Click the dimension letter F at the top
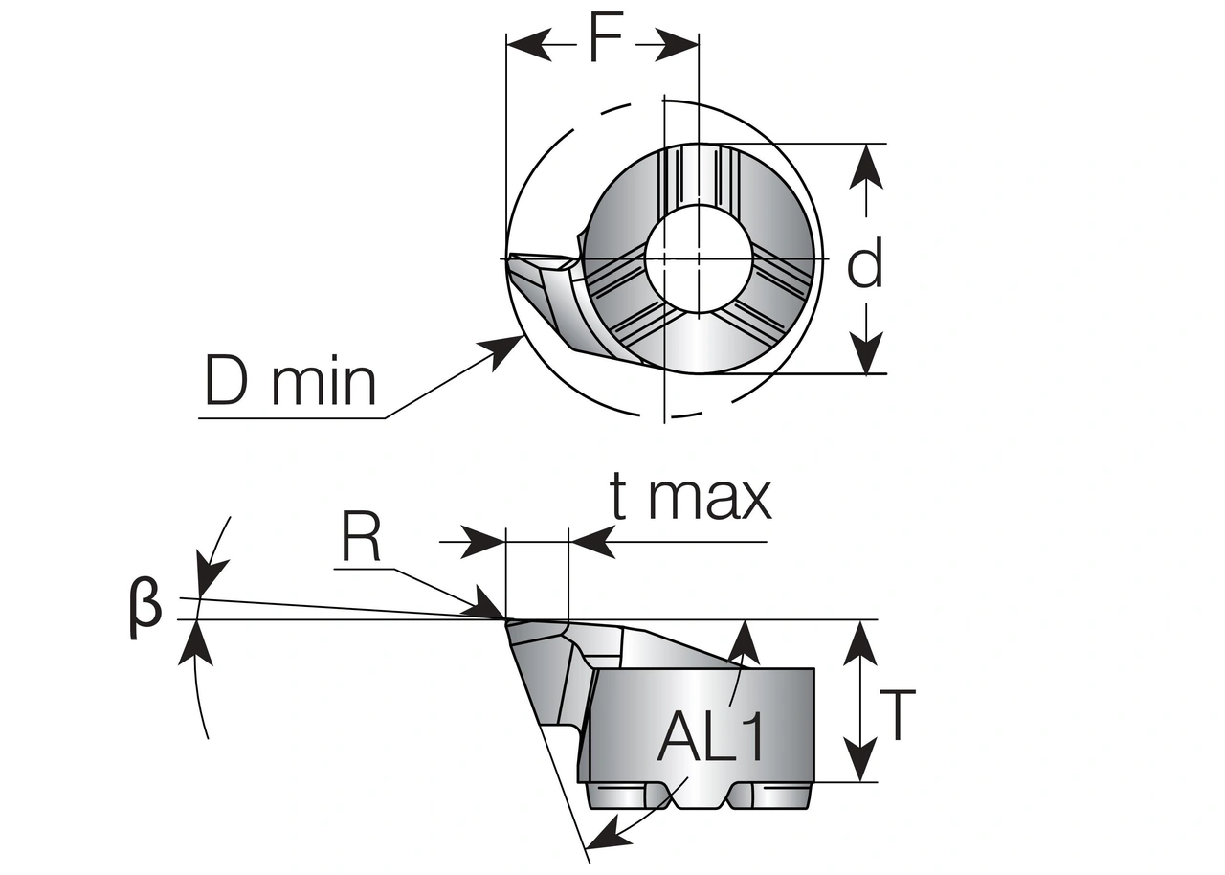tap(605, 40)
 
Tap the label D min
tap(291, 382)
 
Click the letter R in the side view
tap(361, 540)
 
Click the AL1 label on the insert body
tap(712, 737)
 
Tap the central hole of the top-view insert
tap(699, 257)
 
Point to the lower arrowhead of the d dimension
tap(866, 355)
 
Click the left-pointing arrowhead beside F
tap(526, 44)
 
